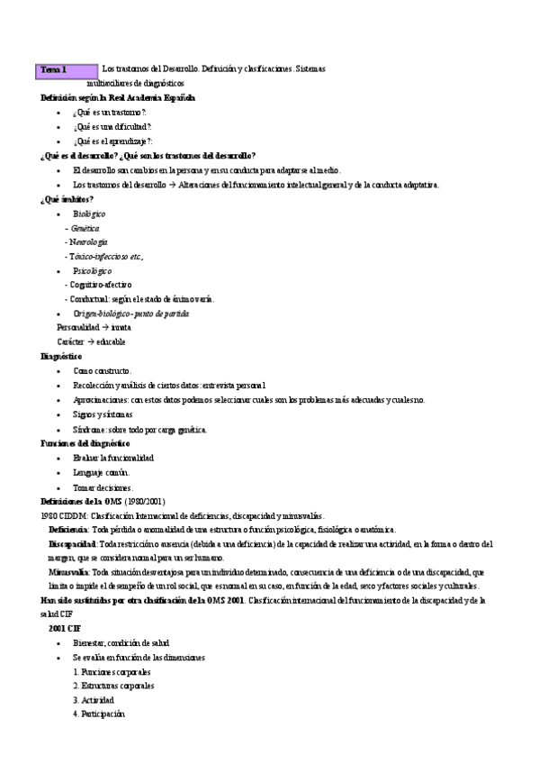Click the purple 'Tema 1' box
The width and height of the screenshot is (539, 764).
67,69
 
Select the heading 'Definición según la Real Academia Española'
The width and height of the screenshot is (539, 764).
118,97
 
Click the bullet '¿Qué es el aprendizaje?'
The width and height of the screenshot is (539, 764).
112,141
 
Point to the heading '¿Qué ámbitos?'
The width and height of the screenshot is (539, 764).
67,199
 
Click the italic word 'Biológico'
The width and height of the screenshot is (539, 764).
89,214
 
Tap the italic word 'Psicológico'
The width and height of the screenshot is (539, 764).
92,270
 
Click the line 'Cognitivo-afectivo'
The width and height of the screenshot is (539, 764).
104,285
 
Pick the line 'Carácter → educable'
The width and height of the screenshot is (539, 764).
91,342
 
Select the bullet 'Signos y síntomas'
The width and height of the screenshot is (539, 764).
103,414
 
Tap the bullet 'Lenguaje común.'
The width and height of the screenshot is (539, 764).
102,472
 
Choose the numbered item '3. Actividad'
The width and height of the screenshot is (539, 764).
94,700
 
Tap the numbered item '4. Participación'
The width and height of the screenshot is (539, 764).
99,714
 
